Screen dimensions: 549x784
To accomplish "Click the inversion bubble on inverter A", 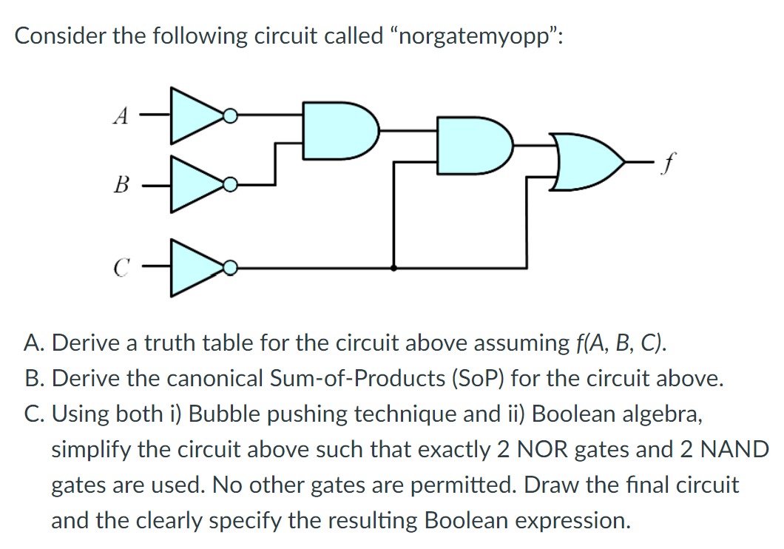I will [231, 115].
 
